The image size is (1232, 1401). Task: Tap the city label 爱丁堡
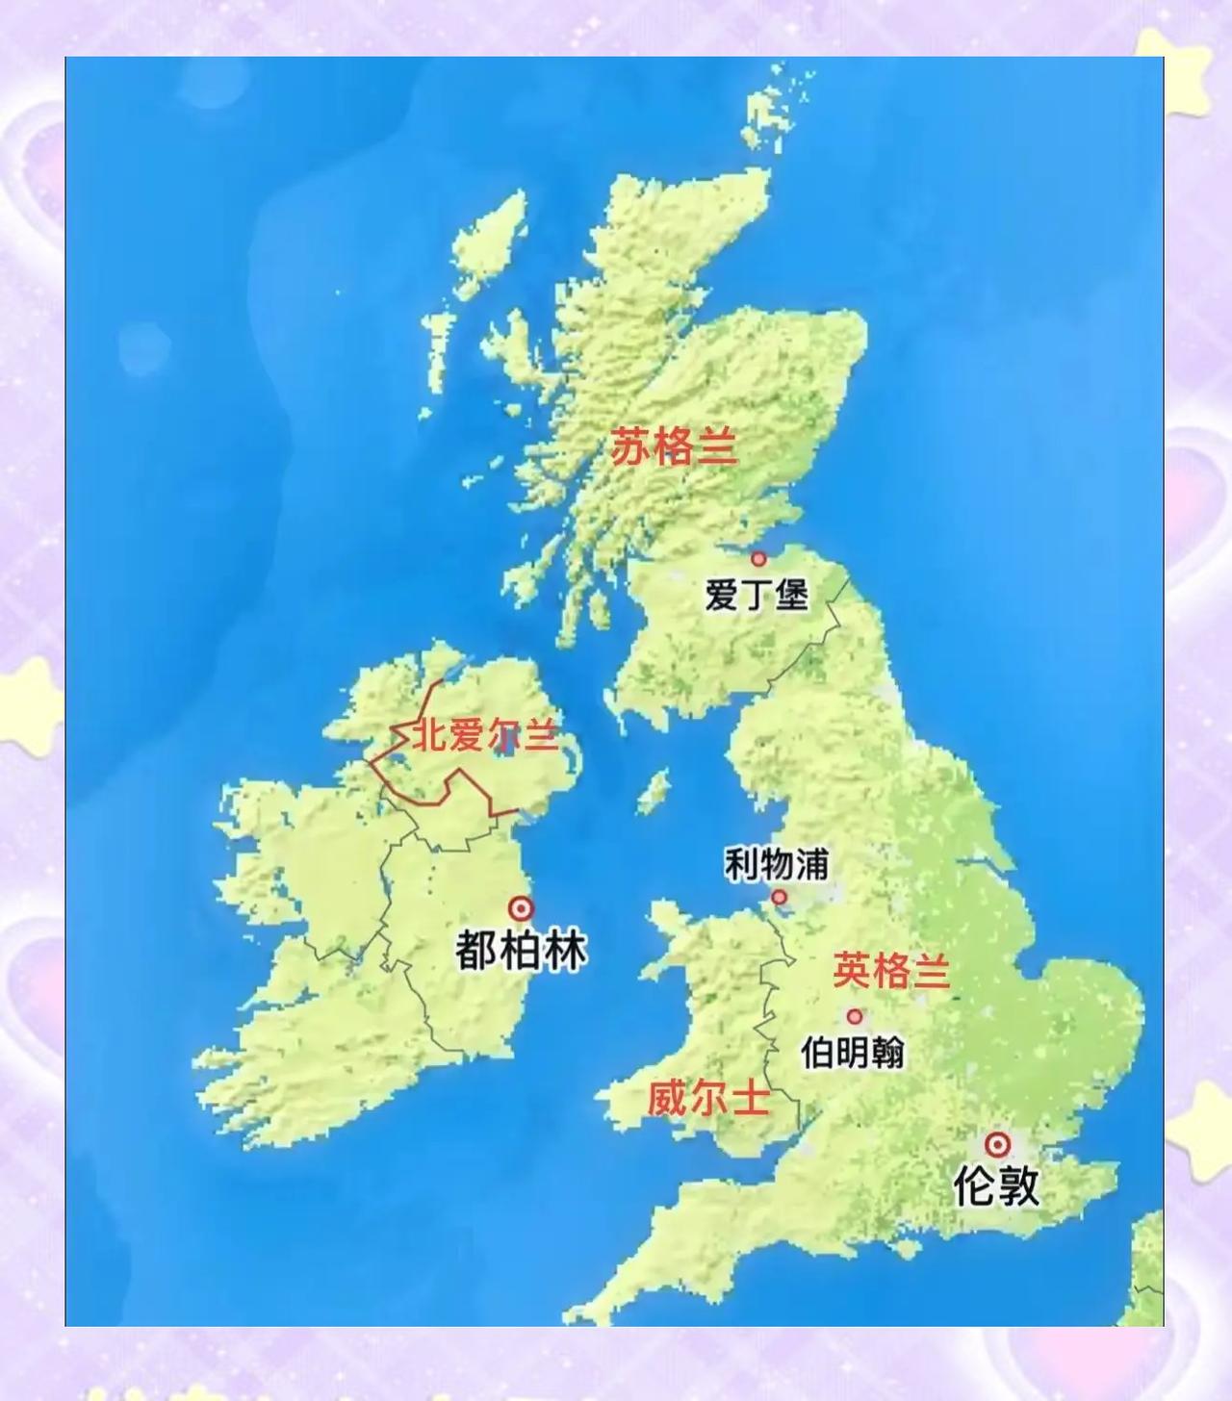pyautogui.click(x=757, y=595)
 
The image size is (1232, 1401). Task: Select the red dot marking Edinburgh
pyautogui.click(x=758, y=558)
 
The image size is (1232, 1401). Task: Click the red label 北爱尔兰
pyautogui.click(x=485, y=736)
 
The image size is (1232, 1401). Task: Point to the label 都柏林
pyautogui.click(x=521, y=951)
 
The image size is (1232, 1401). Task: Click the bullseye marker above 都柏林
pyautogui.click(x=521, y=908)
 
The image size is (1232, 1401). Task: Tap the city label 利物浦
pyautogui.click(x=776, y=864)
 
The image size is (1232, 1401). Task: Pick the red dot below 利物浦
pyautogui.click(x=779, y=898)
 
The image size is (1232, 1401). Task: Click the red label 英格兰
pyautogui.click(x=891, y=970)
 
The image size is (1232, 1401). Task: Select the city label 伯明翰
pyautogui.click(x=853, y=1052)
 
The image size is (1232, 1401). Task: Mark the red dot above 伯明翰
pyautogui.click(x=854, y=1017)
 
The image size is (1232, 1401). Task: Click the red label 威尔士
pyautogui.click(x=708, y=1098)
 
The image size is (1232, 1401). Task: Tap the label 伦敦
pyautogui.click(x=996, y=1185)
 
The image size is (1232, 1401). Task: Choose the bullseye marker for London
pyautogui.click(x=998, y=1145)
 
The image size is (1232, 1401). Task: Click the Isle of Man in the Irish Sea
pyautogui.click(x=654, y=791)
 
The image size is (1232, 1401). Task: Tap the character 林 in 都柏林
pyautogui.click(x=565, y=951)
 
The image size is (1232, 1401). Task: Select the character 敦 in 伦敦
pyautogui.click(x=1018, y=1185)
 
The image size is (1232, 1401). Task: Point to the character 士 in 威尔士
pyautogui.click(x=751, y=1098)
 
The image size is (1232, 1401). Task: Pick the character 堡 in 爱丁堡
pyautogui.click(x=791, y=595)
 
